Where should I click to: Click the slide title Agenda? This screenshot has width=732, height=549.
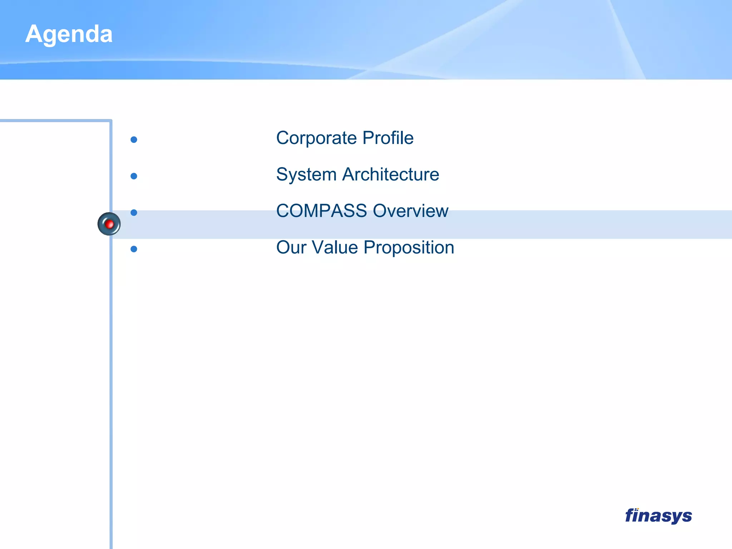tap(69, 34)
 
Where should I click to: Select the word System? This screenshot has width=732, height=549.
tap(306, 175)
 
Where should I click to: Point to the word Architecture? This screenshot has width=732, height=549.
tap(391, 174)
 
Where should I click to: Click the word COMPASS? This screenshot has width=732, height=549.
tap(321, 211)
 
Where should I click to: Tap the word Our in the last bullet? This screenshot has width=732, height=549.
tap(291, 247)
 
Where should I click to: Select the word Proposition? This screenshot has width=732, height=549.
tap(409, 248)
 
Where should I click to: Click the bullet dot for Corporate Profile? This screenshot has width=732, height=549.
tap(134, 140)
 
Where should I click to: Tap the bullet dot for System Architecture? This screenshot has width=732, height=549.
tap(134, 176)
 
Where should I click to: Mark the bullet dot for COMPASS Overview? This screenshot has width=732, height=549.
tap(134, 213)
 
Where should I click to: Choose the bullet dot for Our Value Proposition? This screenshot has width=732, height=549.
tap(134, 249)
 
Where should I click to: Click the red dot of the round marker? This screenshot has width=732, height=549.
tap(110, 224)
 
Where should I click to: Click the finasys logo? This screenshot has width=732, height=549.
tap(658, 516)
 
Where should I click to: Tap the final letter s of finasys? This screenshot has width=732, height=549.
tap(687, 516)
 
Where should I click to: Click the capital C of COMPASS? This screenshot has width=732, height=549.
tap(284, 211)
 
